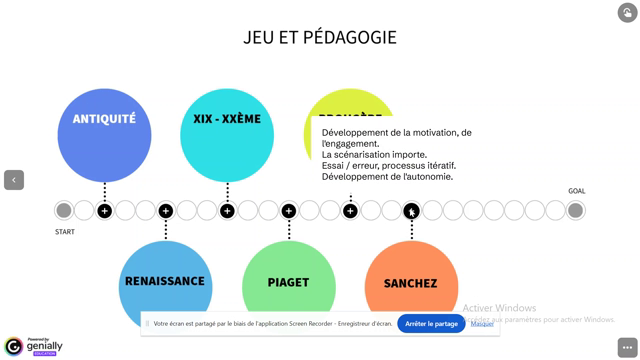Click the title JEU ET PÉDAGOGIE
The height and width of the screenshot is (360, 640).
tap(320, 37)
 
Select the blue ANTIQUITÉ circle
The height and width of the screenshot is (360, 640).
tap(104, 135)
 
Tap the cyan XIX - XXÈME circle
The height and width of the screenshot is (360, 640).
tap(227, 135)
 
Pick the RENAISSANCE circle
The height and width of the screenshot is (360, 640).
tap(165, 282)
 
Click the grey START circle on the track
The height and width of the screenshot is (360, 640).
tap(64, 210)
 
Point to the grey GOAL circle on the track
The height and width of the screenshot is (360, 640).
tap(575, 210)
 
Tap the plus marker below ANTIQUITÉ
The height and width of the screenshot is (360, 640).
tap(104, 210)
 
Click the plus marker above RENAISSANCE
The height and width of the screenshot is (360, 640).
tap(166, 210)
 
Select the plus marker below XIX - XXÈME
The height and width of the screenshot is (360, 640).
tap(227, 210)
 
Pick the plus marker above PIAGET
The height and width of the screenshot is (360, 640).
tap(288, 210)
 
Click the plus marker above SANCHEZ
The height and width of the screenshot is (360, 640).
tap(411, 210)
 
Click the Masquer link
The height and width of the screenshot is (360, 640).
tap(482, 324)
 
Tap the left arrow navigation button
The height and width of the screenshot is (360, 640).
tap(14, 180)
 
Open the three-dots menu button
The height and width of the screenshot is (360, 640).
tap(627, 347)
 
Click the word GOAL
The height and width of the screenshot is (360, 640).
tap(577, 191)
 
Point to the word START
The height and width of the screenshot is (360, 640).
tap(65, 232)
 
